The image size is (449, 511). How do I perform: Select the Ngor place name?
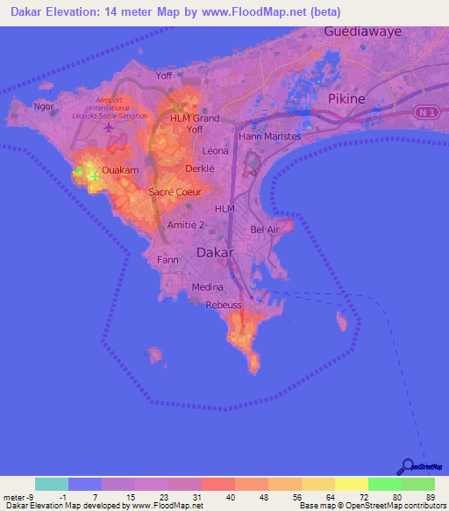(43, 107)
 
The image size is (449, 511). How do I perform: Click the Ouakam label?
(121, 169)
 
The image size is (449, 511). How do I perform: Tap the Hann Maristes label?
(269, 136)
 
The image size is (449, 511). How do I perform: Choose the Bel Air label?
(264, 229)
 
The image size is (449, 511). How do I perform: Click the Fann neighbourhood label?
(167, 260)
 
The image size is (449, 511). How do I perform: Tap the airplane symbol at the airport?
(109, 128)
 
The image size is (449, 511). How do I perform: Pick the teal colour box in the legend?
(52, 484)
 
